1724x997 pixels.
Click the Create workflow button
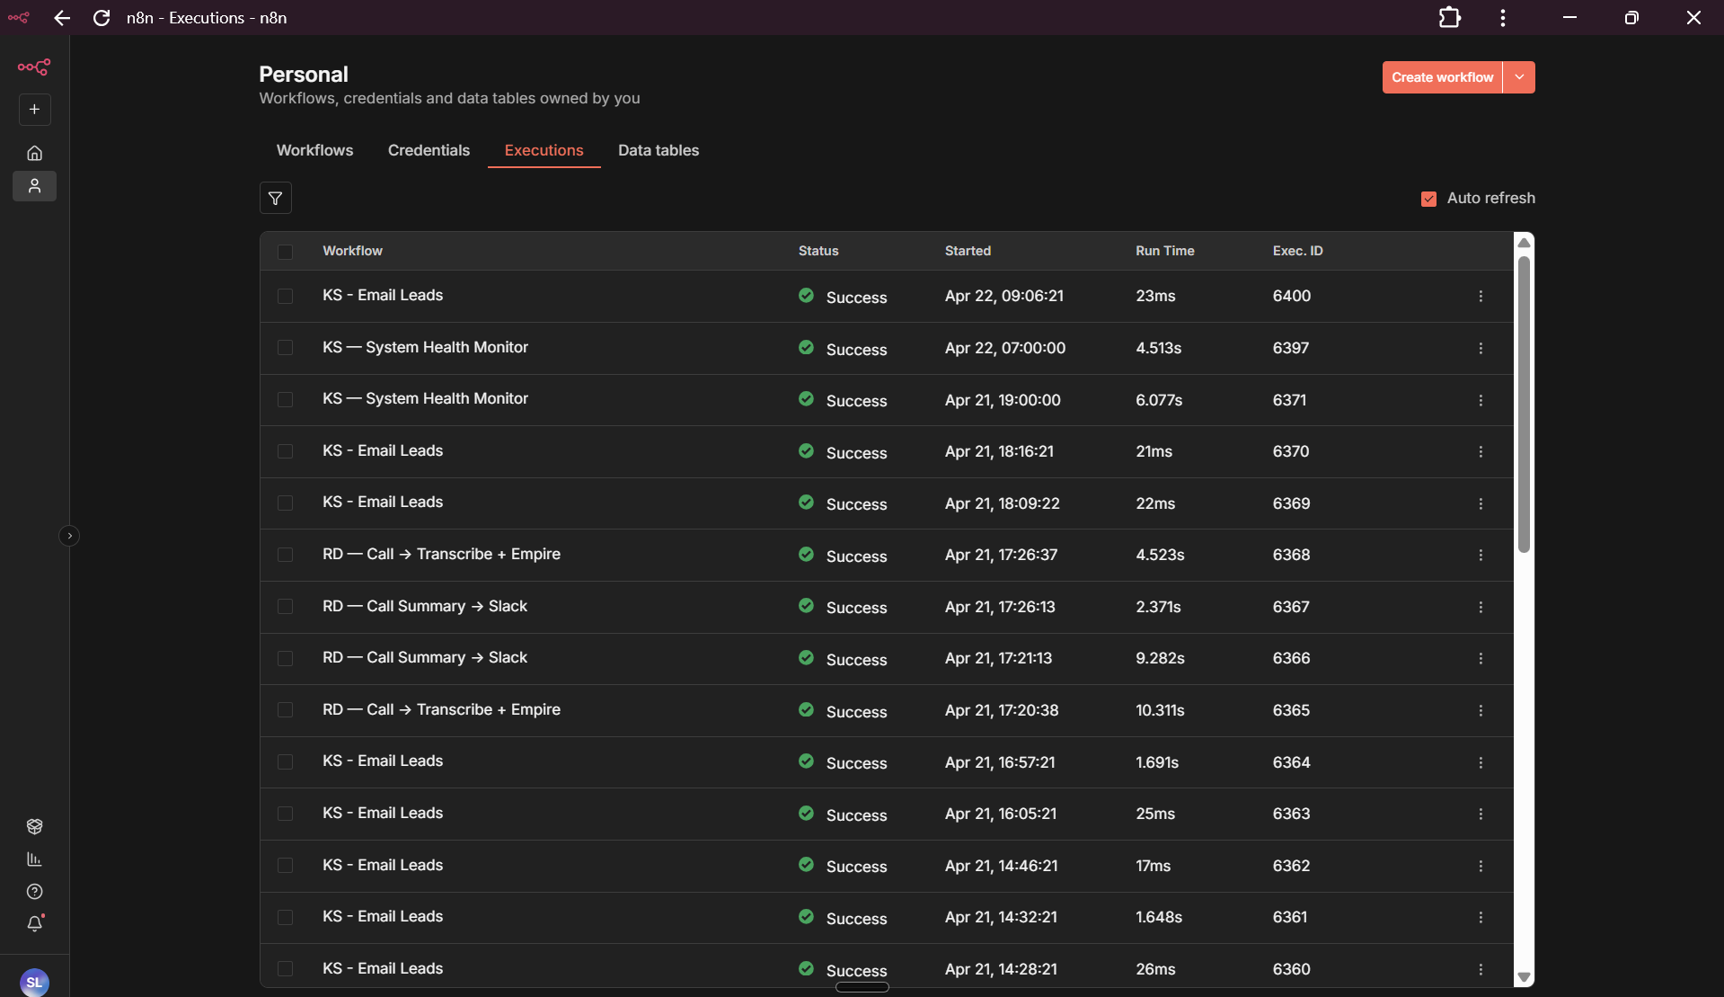pos(1442,77)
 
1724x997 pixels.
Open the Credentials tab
pos(429,150)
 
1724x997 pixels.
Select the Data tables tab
pos(658,150)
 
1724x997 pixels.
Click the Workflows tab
pos(314,150)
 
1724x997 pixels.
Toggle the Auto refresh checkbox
pos(1428,199)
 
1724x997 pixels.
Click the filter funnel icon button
pos(276,198)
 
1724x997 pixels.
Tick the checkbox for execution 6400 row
pos(285,296)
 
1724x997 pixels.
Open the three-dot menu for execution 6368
pos(1481,556)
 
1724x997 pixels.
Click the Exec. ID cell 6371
pos(1289,400)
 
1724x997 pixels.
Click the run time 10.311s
pos(1160,710)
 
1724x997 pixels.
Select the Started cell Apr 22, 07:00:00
pos(1004,348)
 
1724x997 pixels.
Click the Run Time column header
pos(1164,251)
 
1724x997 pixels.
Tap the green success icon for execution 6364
pos(806,761)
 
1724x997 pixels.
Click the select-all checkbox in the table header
pos(285,252)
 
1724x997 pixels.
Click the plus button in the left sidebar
pos(34,110)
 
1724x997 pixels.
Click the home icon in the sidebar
pos(34,153)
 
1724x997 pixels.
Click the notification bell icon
pos(34,923)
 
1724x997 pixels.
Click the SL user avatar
pos(34,982)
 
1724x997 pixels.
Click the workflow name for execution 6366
pos(424,658)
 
